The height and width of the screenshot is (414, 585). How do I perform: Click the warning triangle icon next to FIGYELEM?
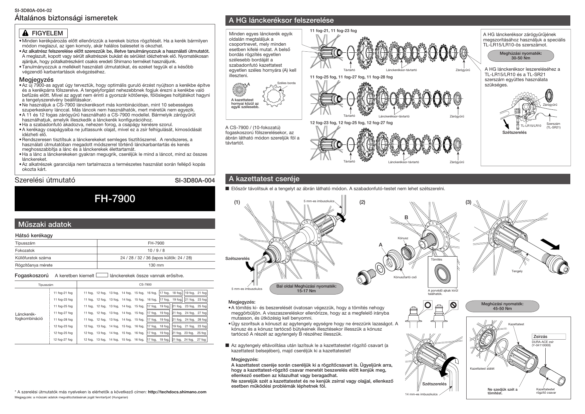click(x=25, y=33)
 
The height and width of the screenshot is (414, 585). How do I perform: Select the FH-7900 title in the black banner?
click(x=115, y=199)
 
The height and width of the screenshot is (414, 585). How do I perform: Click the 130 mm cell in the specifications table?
click(x=156, y=265)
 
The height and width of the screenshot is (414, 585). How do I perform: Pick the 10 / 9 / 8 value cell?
click(x=156, y=251)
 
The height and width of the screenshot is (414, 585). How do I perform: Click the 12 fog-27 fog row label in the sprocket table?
click(x=63, y=339)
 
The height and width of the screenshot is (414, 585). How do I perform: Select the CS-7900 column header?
click(x=145, y=284)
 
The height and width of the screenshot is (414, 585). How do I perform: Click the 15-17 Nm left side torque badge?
click(x=306, y=289)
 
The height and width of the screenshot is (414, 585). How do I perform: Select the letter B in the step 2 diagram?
click(x=406, y=218)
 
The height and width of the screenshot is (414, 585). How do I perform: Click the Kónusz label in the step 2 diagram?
click(x=403, y=238)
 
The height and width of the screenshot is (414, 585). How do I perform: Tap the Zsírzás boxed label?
click(x=540, y=337)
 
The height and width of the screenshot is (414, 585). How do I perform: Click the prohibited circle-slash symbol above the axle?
click(x=453, y=305)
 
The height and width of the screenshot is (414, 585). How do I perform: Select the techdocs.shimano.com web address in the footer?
click(x=177, y=392)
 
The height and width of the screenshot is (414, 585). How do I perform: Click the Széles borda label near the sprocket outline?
click(x=286, y=83)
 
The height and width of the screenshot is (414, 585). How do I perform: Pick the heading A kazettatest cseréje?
click(x=264, y=179)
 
